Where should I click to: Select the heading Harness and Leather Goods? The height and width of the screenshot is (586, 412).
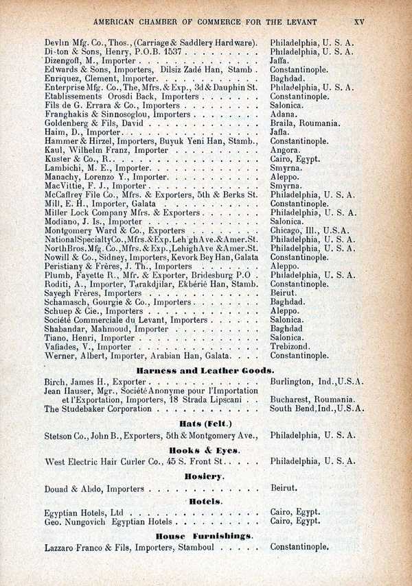205,370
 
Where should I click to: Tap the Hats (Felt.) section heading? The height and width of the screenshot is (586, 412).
205,423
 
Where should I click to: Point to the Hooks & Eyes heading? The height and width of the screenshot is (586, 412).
205,450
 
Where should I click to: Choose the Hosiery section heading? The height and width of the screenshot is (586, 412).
205,476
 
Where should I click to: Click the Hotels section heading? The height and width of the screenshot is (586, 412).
205,502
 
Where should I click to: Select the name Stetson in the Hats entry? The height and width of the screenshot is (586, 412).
60,435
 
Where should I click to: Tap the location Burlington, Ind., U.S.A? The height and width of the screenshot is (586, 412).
317,381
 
